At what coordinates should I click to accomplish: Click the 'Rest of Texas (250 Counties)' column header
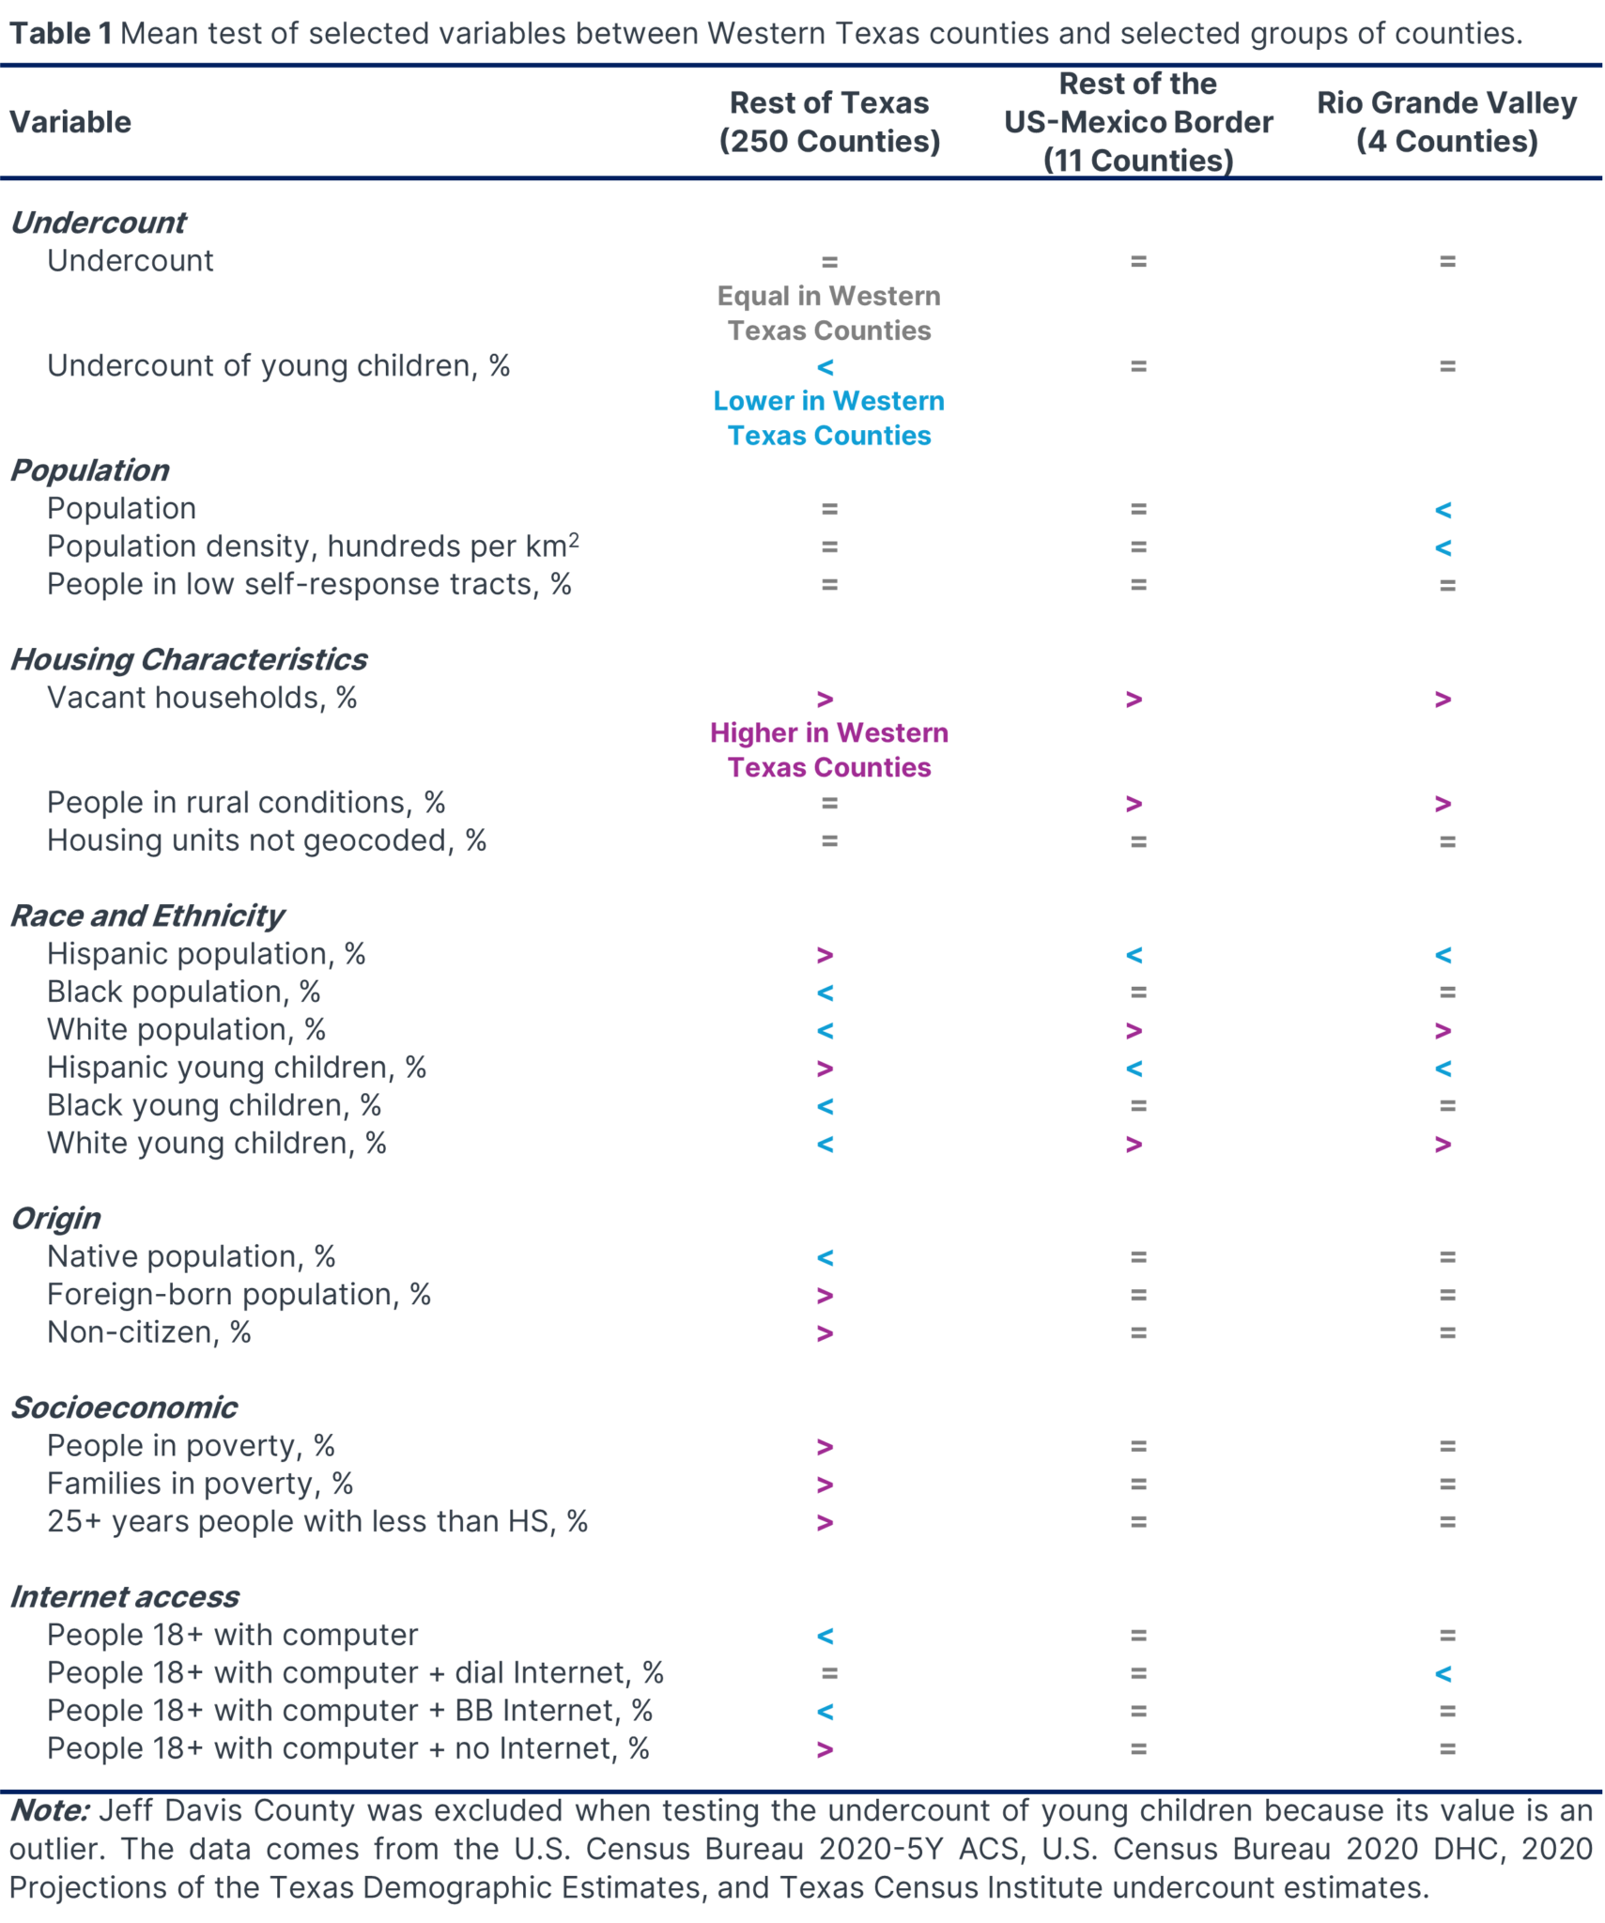(828, 122)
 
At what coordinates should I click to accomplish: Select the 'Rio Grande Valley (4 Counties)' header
(1446, 122)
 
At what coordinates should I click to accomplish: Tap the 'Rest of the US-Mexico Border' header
(1137, 122)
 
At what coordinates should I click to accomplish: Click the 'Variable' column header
(70, 122)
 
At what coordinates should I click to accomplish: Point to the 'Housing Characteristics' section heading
(188, 659)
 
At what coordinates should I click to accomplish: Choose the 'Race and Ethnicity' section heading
(147, 915)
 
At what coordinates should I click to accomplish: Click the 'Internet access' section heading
(124, 1596)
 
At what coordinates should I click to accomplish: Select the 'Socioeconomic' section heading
(123, 1408)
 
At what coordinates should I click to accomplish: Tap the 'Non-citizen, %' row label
(149, 1332)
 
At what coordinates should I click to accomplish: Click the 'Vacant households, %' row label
(202, 698)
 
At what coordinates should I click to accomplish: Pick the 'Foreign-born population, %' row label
(239, 1295)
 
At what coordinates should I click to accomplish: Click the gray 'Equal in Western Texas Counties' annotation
(828, 313)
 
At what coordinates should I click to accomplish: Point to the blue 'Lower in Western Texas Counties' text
(828, 418)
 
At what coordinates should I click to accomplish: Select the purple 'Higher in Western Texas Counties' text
(828, 749)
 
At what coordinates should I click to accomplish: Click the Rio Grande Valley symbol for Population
(1443, 510)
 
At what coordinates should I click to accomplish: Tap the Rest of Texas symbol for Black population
(825, 992)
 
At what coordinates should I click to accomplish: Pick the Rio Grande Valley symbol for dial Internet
(1443, 1673)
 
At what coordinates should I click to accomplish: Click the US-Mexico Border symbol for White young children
(1134, 1144)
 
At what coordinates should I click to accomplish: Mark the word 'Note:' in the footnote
(50, 1810)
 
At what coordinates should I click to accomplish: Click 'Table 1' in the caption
(61, 33)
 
